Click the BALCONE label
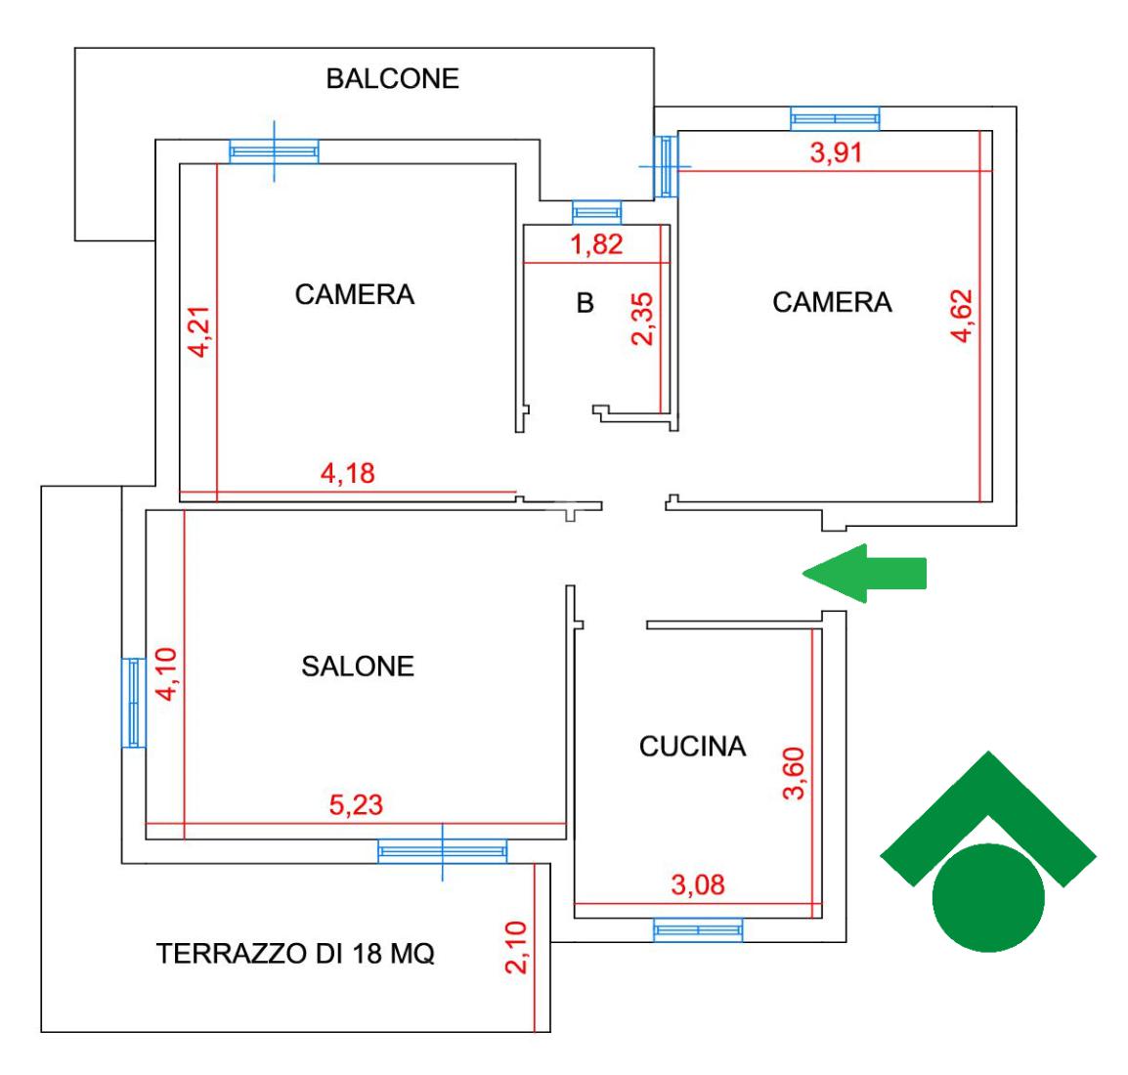tap(392, 79)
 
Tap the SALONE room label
tap(358, 666)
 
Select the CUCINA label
tap(692, 747)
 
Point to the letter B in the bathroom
tap(585, 304)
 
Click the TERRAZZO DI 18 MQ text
tap(295, 954)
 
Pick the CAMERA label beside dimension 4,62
tap(832, 302)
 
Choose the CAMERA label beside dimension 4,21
tap(355, 294)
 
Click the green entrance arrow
tap(864, 574)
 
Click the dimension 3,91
tap(837, 152)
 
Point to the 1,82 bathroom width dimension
tap(596, 244)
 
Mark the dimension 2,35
tap(644, 319)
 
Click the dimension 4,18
tap(348, 474)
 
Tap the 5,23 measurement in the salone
tap(356, 805)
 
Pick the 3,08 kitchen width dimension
tap(698, 885)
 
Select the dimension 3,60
tap(794, 773)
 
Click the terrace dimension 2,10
tap(517, 947)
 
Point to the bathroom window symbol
tap(596, 212)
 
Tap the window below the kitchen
tap(697, 929)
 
